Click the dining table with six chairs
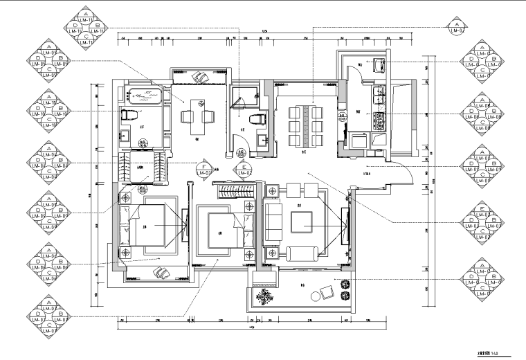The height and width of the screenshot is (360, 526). pos(302,125)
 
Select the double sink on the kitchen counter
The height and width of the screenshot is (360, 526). pos(379,93)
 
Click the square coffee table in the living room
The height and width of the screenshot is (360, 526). pos(302,222)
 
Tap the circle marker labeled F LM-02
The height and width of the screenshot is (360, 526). pos(205,167)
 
